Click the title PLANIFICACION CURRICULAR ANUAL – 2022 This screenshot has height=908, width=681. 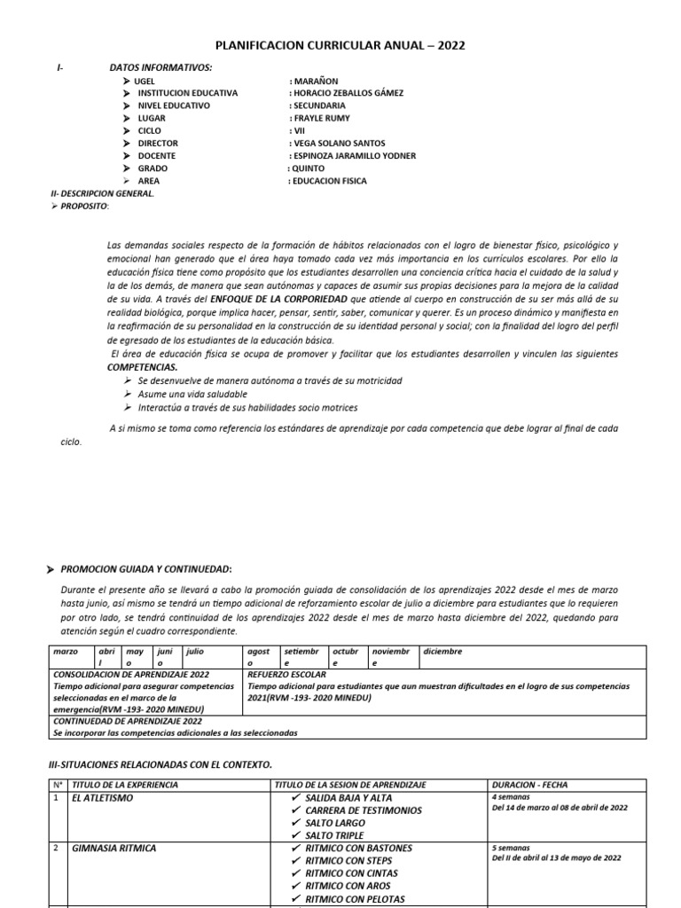(340, 46)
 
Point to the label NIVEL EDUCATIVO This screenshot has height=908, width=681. (174, 106)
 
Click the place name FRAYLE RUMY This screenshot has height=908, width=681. (320, 118)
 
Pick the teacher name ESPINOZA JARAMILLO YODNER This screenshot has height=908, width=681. (352, 155)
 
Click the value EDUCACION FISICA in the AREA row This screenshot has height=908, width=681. (327, 181)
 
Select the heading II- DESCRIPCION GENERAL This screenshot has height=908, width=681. (102, 193)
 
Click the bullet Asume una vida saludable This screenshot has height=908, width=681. (192, 394)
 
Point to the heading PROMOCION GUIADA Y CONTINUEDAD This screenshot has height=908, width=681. (145, 568)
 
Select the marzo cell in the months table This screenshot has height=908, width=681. (66, 651)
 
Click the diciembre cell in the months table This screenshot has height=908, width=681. (442, 651)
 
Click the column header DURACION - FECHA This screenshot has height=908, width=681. (529, 785)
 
